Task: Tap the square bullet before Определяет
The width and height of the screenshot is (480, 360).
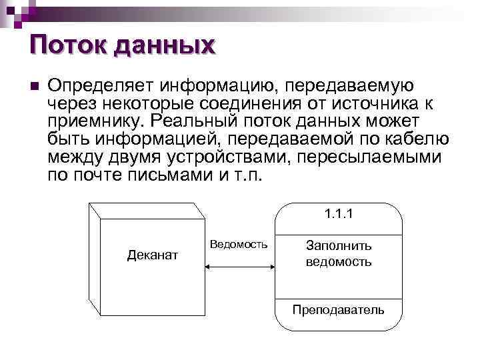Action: pyautogui.click(x=35, y=87)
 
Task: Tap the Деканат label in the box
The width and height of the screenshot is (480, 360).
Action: pyautogui.click(x=153, y=254)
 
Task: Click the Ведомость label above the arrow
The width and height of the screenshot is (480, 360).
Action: pyautogui.click(x=239, y=244)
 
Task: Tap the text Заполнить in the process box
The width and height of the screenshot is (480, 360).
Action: pyautogui.click(x=339, y=245)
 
